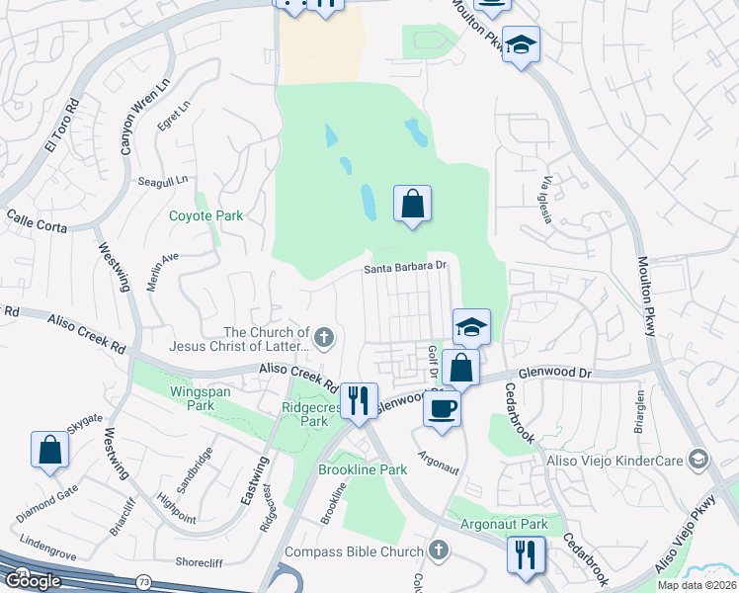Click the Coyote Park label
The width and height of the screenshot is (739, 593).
(x=205, y=215)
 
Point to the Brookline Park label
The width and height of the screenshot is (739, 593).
(x=363, y=470)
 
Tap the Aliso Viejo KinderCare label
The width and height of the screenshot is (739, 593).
(x=615, y=461)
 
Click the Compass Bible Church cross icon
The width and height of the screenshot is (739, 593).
(x=440, y=550)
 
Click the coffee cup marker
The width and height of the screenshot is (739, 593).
(x=442, y=407)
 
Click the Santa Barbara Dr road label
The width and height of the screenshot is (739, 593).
(x=406, y=266)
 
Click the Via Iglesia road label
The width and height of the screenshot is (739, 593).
(x=546, y=199)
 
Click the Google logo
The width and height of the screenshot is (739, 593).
(x=32, y=581)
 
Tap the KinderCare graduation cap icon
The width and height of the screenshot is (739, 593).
(x=698, y=459)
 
